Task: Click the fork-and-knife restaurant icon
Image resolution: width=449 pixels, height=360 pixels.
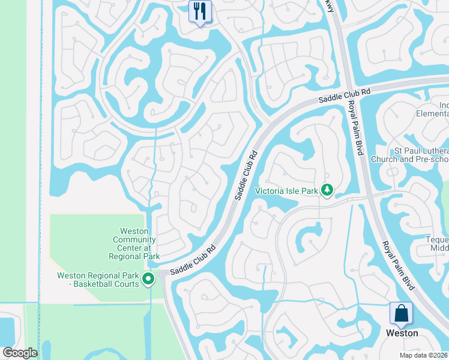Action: coord(200,11)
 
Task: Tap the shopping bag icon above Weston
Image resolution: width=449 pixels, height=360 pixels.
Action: coord(400,313)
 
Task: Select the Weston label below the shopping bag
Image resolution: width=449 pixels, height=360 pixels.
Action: coord(402,333)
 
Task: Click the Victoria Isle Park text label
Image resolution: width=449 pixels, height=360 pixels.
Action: coord(286,191)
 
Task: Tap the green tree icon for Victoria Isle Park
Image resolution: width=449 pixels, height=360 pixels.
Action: coord(327,190)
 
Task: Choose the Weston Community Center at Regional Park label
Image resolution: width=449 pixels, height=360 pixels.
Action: coord(134,243)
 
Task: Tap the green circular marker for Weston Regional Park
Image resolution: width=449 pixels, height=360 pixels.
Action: coord(148,278)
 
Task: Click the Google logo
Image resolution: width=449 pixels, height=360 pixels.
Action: coord(20,353)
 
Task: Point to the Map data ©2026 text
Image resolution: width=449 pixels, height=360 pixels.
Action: coord(423,355)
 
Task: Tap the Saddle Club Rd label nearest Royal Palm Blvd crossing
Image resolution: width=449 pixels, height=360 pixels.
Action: coord(345,95)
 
